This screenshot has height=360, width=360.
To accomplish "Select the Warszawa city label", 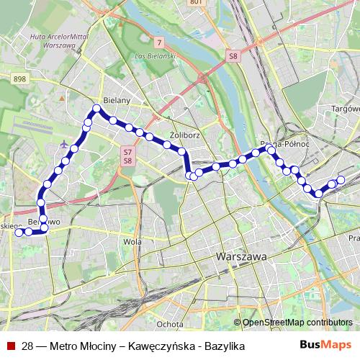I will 242,256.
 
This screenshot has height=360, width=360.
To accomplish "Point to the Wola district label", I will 132,242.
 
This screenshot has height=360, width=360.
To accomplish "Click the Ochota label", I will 170,324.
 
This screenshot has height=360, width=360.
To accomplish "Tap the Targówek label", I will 344,109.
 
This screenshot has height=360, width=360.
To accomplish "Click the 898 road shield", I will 19,78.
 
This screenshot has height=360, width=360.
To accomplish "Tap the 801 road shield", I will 217,3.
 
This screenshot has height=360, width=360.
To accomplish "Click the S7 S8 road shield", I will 127,156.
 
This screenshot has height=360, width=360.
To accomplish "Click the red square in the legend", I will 12,346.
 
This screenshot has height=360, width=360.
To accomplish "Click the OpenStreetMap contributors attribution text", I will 297,322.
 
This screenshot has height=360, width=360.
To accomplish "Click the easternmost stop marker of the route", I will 341,180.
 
